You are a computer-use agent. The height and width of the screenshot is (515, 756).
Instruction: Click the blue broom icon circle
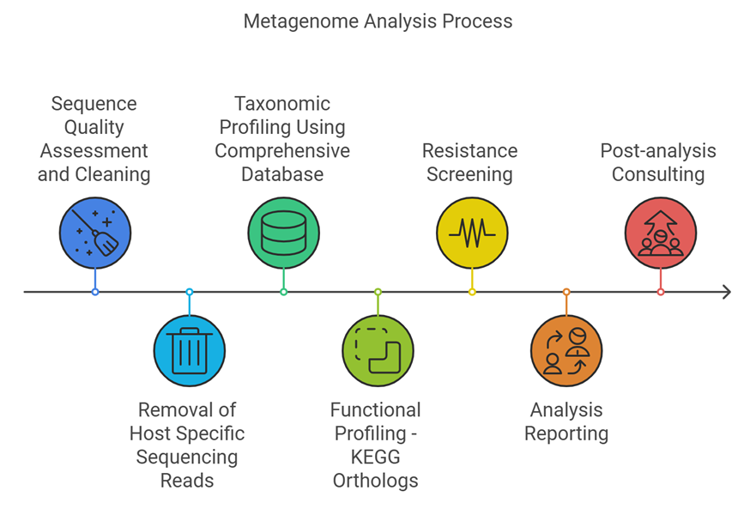[95, 233]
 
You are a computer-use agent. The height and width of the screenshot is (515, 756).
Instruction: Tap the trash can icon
[190, 350]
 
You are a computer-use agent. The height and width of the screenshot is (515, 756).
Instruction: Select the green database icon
[283, 233]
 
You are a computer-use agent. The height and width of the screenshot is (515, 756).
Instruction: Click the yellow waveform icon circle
[472, 233]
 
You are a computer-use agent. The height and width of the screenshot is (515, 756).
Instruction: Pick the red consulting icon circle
[661, 233]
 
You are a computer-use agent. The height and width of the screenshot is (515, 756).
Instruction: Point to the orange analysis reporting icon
[566, 350]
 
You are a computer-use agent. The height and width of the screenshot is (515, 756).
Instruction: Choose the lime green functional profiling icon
[378, 350]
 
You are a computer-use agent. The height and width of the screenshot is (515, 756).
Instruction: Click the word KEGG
[376, 457]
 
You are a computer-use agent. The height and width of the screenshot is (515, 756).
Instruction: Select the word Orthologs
[376, 481]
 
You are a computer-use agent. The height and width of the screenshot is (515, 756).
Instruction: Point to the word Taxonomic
[282, 104]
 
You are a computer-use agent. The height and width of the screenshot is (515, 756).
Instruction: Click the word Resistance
[470, 151]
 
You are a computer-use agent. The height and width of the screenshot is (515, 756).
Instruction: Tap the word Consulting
[658, 174]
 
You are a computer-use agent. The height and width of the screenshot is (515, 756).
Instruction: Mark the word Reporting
[566, 433]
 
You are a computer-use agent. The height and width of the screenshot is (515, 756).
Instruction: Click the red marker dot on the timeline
[661, 292]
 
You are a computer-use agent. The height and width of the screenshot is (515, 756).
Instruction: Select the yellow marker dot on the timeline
[472, 292]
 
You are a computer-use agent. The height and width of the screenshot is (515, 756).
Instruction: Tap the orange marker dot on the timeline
[566, 292]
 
